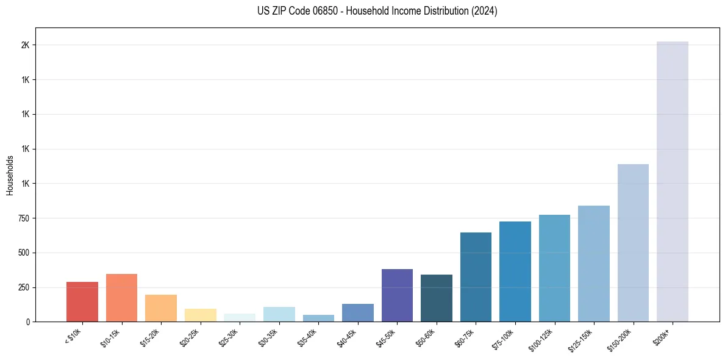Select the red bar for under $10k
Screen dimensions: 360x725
click(x=82, y=301)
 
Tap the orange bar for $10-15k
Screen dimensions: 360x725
click(x=121, y=298)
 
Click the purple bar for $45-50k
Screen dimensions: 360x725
click(x=397, y=295)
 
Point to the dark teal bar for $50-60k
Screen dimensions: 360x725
click(x=437, y=298)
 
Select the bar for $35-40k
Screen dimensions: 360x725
click(x=318, y=318)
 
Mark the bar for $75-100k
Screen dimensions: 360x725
click(x=515, y=272)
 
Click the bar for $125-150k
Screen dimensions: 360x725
click(x=594, y=264)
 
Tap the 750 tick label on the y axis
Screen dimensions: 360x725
click(x=23, y=218)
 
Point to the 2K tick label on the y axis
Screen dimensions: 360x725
click(x=26, y=46)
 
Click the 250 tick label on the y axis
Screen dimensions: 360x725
click(x=23, y=287)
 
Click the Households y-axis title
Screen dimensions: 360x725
click(x=10, y=175)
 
